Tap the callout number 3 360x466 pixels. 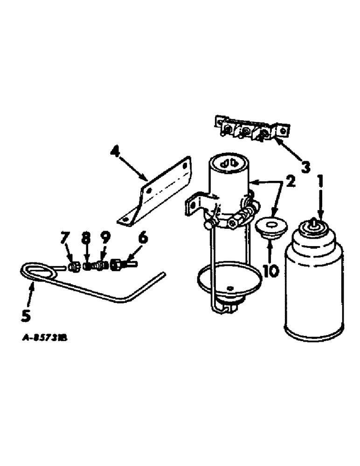(x=305, y=166)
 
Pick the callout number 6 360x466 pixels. (x=143, y=238)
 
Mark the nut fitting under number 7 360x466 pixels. (x=73, y=267)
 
